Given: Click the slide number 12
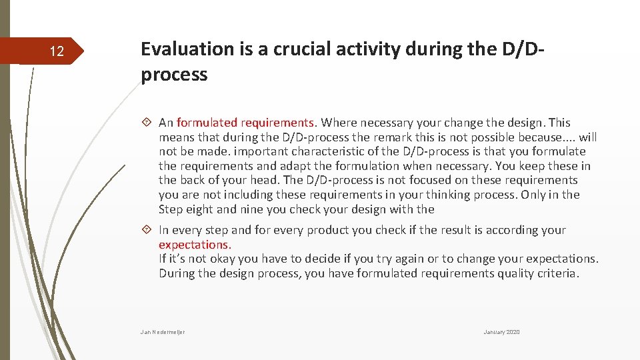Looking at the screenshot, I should click(x=57, y=51).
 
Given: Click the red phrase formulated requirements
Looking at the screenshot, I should click(x=245, y=123).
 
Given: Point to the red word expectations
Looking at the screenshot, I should click(x=194, y=245).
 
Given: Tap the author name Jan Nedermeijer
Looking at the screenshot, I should click(x=163, y=332).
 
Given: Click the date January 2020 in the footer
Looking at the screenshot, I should click(x=501, y=332).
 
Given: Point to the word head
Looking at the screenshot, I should click(x=266, y=180).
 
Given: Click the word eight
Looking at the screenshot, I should click(x=201, y=209).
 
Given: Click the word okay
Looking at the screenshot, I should click(x=215, y=259).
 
